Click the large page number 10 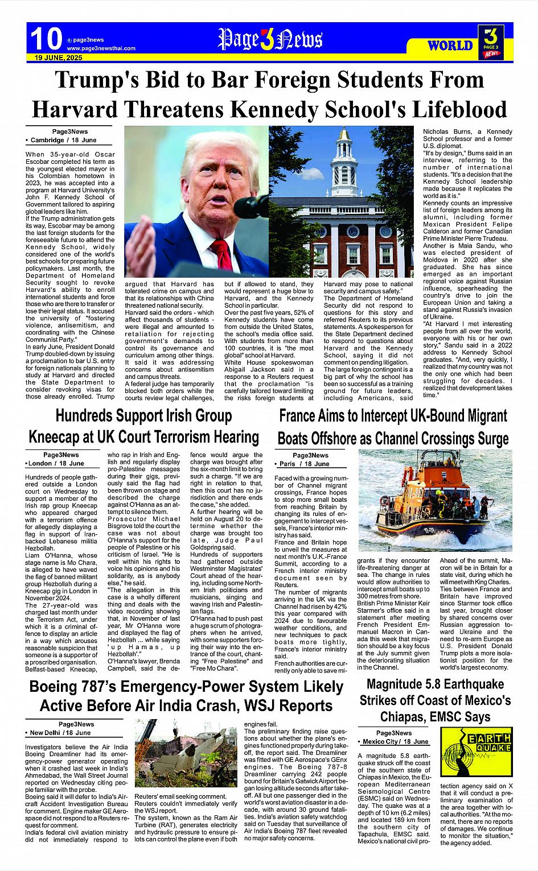pyautogui.click(x=46, y=39)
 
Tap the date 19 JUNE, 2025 pyautogui.click(x=58, y=58)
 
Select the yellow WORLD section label pyautogui.click(x=450, y=46)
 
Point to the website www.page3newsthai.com pyautogui.click(x=101, y=48)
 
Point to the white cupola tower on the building pyautogui.click(x=344, y=165)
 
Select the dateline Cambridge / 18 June pyautogui.click(x=63, y=140)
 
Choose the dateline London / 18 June pyautogui.click(x=56, y=464)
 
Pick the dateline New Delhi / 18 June pyautogui.click(x=60, y=733)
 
